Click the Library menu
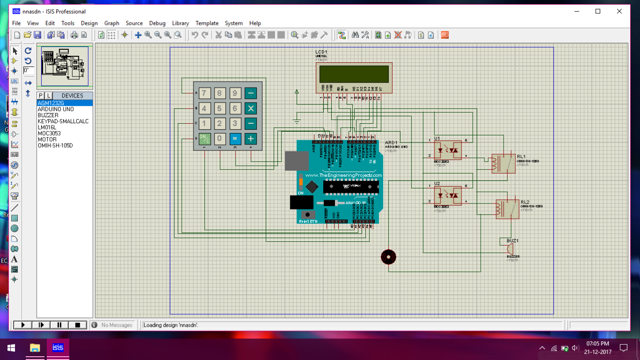180,23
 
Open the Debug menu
157,23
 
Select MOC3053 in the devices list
49,134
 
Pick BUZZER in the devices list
48,115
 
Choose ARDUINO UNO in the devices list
56,109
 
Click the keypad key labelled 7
204,93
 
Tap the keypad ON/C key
204,139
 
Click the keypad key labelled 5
220,109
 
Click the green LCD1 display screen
354,74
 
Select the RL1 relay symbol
503,164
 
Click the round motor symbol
388,257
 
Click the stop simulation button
77,325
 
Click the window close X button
619,11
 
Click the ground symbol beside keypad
296,121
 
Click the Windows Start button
11,348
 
